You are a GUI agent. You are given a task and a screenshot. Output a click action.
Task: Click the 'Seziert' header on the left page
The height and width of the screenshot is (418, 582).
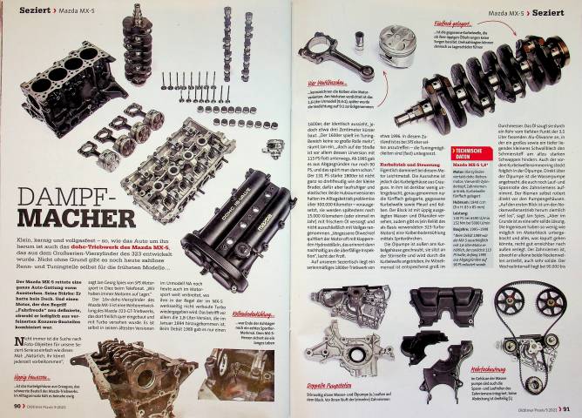(30, 10)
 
